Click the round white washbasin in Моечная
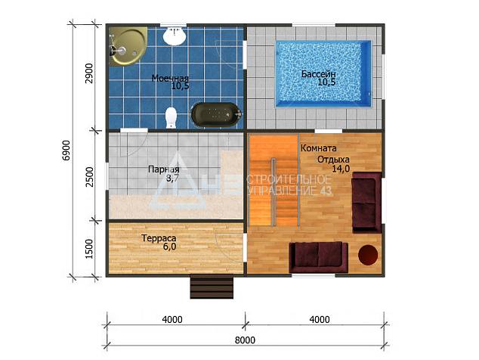pyautogui.click(x=174, y=36)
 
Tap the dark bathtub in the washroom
pyautogui.click(x=216, y=115)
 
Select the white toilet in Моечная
pyautogui.click(x=171, y=117)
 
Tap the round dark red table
pyautogui.click(x=368, y=255)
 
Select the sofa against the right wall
pyautogui.click(x=366, y=203)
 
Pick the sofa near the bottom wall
pyautogui.click(x=318, y=257)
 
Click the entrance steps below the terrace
pyautogui.click(x=212, y=287)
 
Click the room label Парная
pyautogui.click(x=163, y=169)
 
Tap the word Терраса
pyautogui.click(x=159, y=238)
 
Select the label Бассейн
pyautogui.click(x=319, y=73)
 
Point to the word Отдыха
pyautogui.click(x=333, y=160)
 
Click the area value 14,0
pyautogui.click(x=341, y=169)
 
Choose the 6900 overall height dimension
pyautogui.click(x=66, y=151)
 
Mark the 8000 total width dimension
pyautogui.click(x=245, y=340)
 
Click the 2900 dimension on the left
pyautogui.click(x=89, y=73)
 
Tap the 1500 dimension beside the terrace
pyautogui.click(x=89, y=249)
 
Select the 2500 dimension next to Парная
pyautogui.click(x=89, y=177)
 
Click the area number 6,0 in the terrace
pyautogui.click(x=169, y=247)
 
